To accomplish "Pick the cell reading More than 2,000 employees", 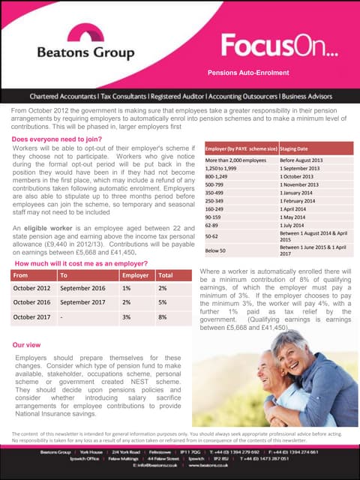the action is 235,161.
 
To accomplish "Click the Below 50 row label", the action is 215,250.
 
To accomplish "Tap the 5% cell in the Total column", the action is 163,302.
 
